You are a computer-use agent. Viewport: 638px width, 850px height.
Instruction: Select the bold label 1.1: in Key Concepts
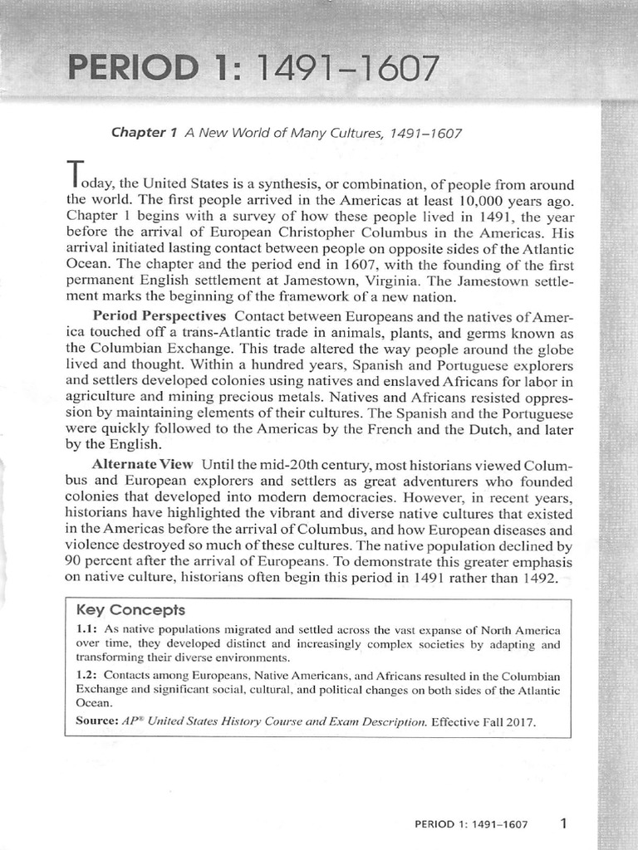86,630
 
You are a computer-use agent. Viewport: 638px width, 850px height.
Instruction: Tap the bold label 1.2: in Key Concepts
87,676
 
